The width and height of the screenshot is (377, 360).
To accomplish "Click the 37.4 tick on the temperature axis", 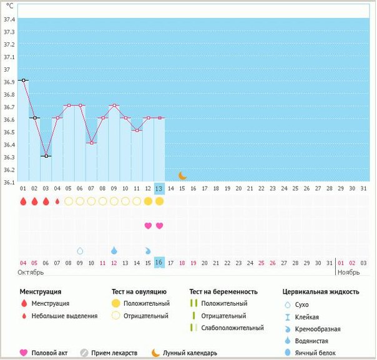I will click(9, 19).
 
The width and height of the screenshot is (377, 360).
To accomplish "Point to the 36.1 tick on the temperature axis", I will click(9, 183).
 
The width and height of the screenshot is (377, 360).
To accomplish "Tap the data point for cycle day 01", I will click(23, 80).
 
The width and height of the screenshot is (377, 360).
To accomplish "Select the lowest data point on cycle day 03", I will click(46, 156).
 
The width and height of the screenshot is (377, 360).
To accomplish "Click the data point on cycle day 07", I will click(91, 143).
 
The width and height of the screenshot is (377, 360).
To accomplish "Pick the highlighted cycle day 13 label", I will click(159, 188).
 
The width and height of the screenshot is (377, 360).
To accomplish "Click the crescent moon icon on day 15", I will click(182, 176).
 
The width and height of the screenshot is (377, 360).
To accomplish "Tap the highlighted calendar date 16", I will click(159, 263).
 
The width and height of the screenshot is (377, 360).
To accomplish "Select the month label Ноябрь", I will click(348, 273).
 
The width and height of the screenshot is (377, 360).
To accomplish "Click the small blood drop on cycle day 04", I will click(57, 202).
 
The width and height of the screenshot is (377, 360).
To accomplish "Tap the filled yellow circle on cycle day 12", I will click(148, 202).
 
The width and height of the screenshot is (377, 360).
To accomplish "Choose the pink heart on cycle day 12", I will click(148, 225).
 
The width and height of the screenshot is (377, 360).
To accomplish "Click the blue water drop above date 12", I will click(114, 250).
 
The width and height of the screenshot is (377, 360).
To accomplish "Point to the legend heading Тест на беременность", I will click(223, 291).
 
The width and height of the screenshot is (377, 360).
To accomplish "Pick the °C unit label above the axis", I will click(9, 6).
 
